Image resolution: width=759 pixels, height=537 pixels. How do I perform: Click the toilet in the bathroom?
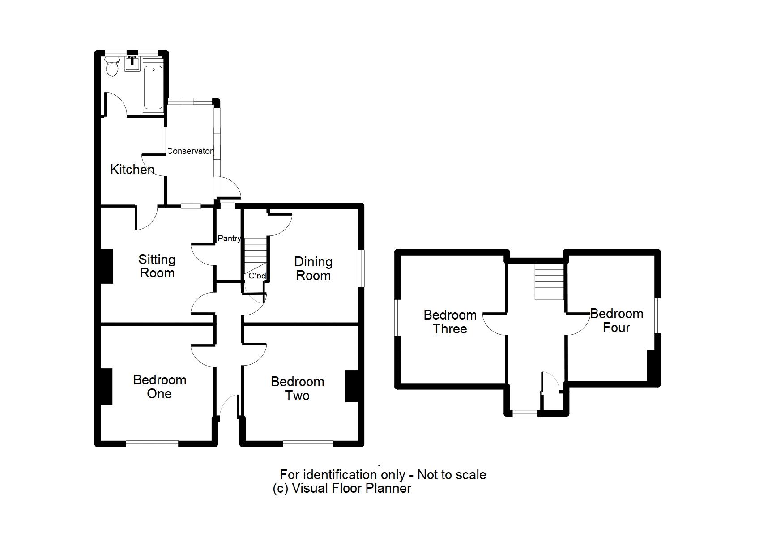pos(112,67)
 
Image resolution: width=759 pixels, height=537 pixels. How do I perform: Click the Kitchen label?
pos(132,170)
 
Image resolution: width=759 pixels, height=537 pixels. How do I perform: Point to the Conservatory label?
pos(190,151)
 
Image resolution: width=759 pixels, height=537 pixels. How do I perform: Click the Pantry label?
pos(229,239)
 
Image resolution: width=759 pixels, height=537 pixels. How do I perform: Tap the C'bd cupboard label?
pos(257,276)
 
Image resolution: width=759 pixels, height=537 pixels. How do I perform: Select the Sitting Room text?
pos(157,266)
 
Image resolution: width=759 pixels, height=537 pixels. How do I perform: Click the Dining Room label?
pos(313,268)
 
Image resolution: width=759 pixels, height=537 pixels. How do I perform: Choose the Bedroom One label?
pos(159,387)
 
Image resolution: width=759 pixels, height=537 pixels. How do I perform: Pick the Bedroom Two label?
pos(297,388)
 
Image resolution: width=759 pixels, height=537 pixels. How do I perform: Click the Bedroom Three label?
pos(450,322)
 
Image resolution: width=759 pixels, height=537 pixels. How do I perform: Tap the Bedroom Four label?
pos(616,320)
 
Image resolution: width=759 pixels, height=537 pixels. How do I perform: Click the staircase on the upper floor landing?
pos(549,282)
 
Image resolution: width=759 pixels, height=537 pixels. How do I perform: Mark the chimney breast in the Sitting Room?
pos(106,266)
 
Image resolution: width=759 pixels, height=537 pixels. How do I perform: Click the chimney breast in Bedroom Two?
pos(352,386)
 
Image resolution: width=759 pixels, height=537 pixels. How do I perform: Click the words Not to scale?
pos(452,474)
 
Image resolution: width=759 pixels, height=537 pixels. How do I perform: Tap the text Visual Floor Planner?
pos(351,488)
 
